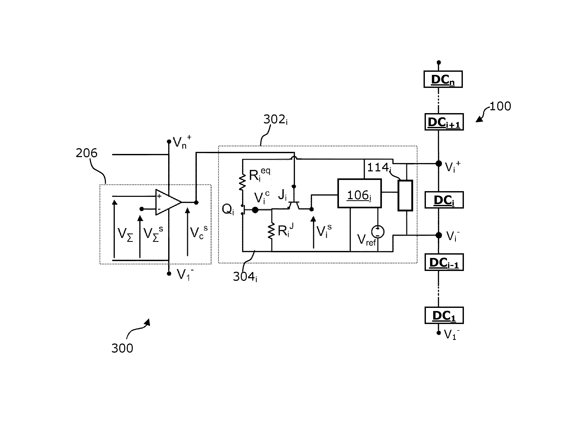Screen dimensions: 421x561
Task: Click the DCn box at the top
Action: [443, 79]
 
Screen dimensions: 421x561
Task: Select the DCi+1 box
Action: [444, 122]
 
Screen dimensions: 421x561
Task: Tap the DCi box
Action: [444, 200]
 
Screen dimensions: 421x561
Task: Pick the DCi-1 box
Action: [444, 262]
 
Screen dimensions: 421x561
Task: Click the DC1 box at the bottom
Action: [444, 315]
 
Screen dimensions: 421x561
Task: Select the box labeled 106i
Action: [359, 193]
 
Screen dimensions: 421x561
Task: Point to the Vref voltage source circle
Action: [378, 232]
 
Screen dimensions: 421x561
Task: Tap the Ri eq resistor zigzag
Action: [242, 182]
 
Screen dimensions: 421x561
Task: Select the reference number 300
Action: [122, 348]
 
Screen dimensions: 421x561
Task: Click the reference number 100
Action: [500, 106]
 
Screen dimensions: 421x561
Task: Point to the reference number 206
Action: [86, 153]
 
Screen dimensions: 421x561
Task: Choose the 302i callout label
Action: [275, 120]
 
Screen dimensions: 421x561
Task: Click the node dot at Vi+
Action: [439, 164]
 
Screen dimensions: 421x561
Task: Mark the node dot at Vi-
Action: [439, 235]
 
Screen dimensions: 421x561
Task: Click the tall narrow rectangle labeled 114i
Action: [405, 195]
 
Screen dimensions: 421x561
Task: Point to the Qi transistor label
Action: [228, 209]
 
